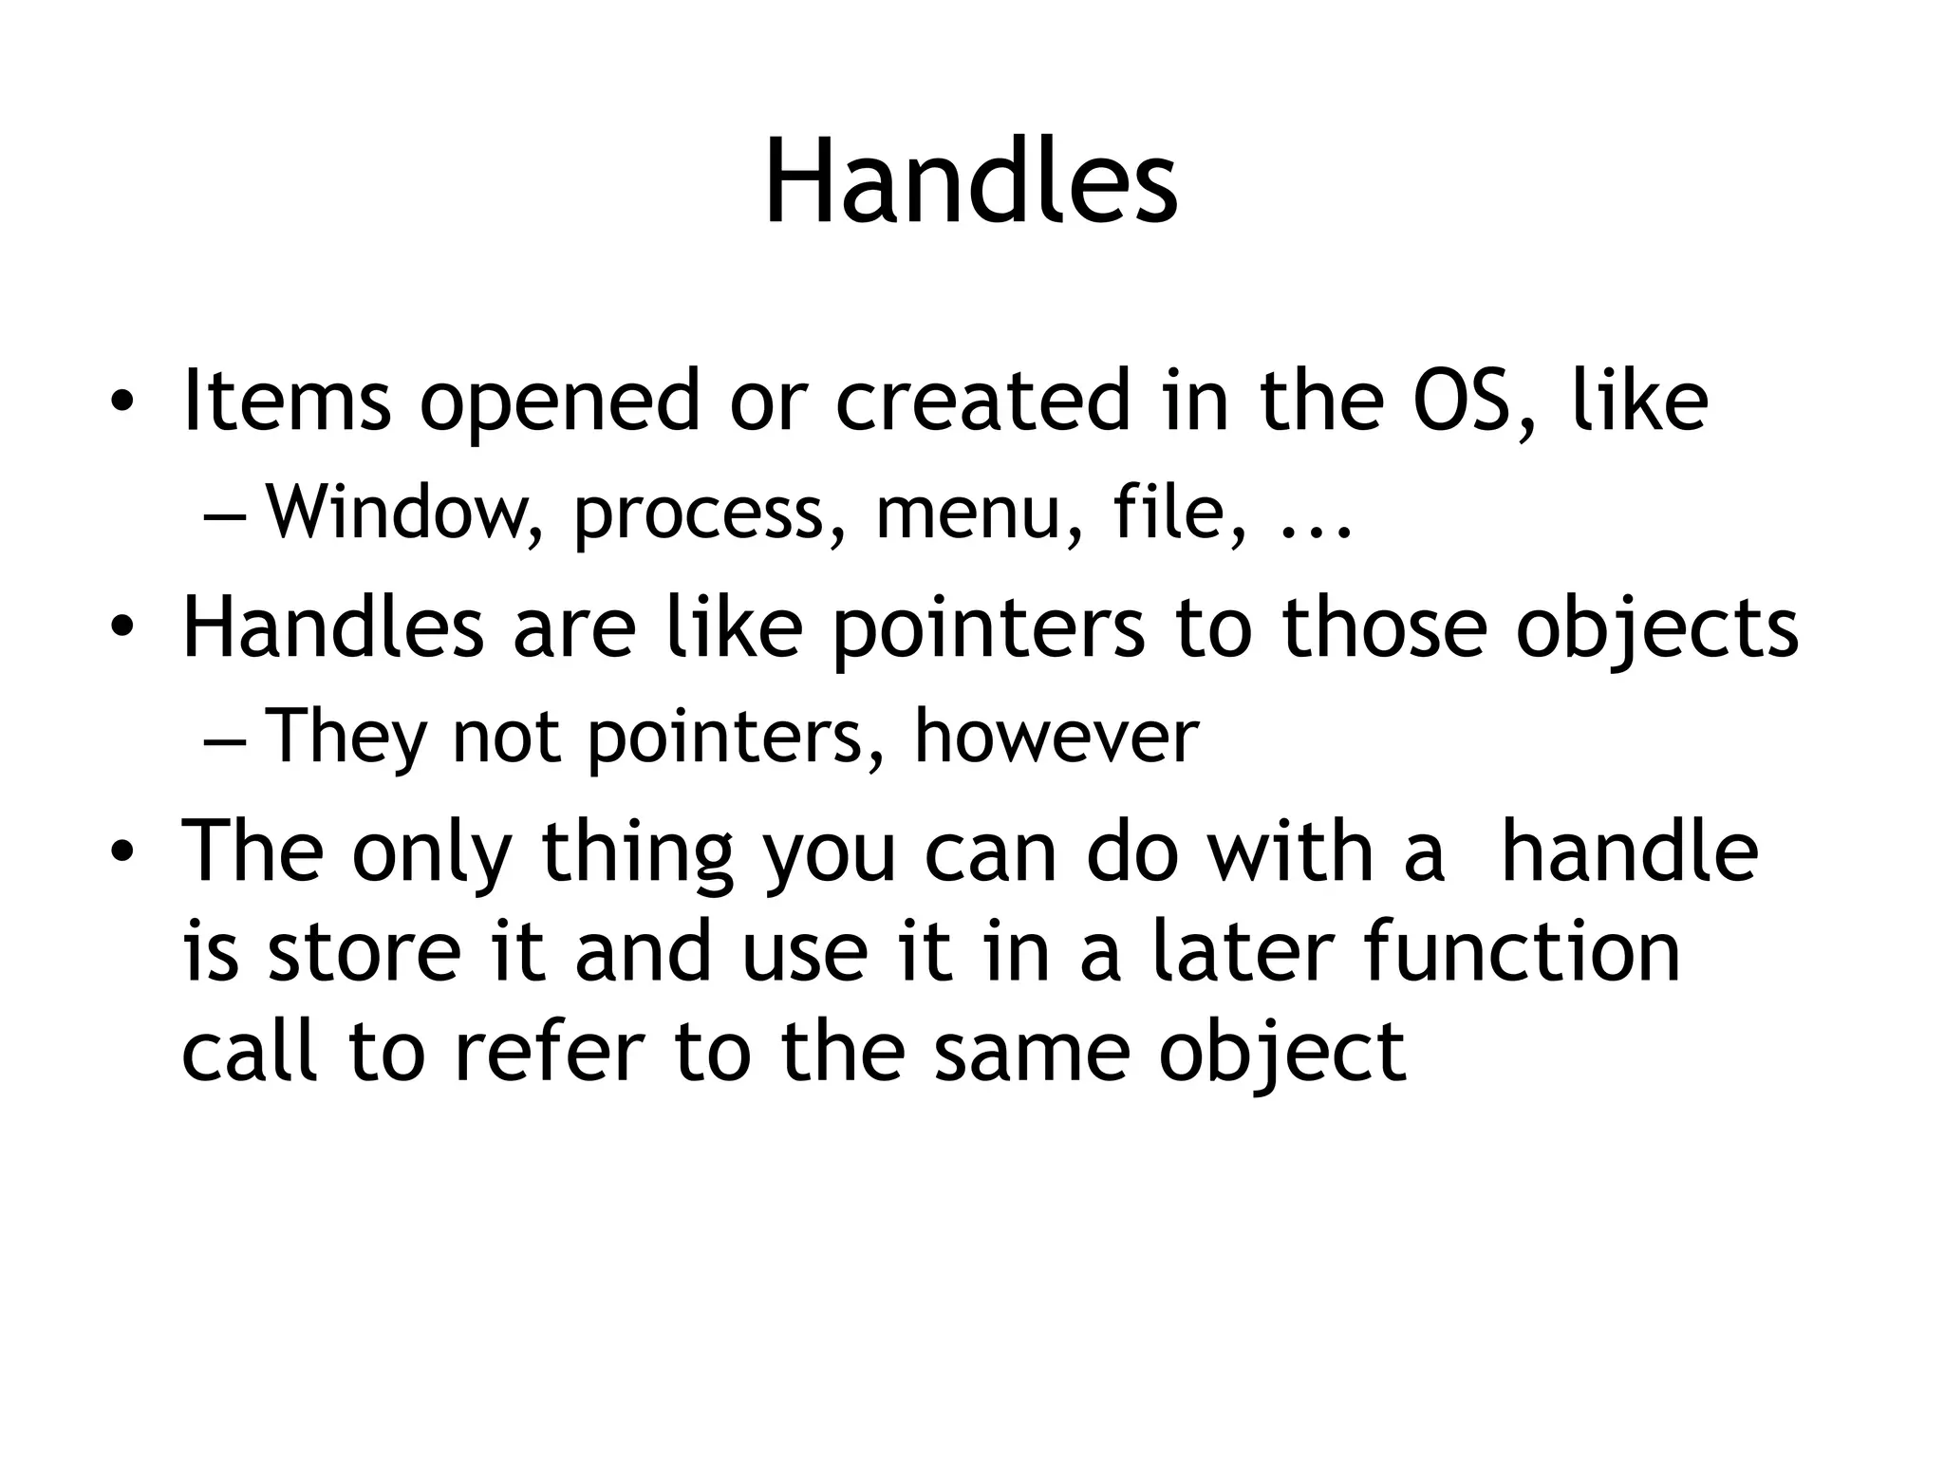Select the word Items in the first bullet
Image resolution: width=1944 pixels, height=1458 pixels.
286,401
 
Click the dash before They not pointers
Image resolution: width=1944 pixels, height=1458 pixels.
224,738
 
